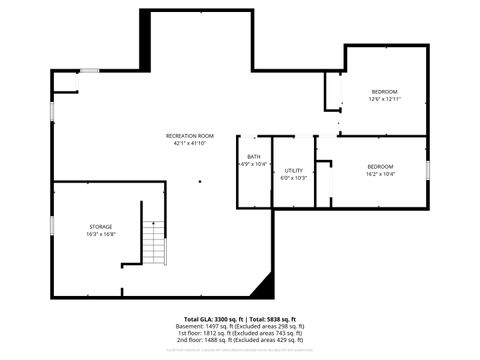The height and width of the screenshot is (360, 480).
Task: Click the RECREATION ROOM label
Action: coord(190,136)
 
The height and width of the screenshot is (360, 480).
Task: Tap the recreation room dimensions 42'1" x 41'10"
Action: coord(190,144)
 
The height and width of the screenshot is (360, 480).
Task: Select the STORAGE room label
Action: coord(100,227)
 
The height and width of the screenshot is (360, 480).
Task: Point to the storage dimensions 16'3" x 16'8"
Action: coord(100,235)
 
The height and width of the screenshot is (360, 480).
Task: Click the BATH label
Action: coord(254,156)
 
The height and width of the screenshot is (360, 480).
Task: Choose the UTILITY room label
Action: coord(294,170)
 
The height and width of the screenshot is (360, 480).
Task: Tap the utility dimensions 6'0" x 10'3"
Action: coord(294,178)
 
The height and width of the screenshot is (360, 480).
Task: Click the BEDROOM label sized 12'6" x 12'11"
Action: coord(385,92)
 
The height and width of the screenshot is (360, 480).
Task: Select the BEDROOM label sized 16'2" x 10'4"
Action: coord(380,166)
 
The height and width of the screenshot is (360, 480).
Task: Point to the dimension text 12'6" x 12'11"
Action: coord(385,100)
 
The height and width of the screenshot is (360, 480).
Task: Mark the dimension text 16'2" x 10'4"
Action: coord(380,174)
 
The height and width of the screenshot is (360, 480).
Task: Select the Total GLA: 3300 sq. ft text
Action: coord(208,319)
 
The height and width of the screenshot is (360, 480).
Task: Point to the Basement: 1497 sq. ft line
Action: coord(240,326)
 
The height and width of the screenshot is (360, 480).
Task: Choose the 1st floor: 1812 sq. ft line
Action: coord(240,333)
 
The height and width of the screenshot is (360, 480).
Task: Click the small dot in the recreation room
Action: coord(199,182)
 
